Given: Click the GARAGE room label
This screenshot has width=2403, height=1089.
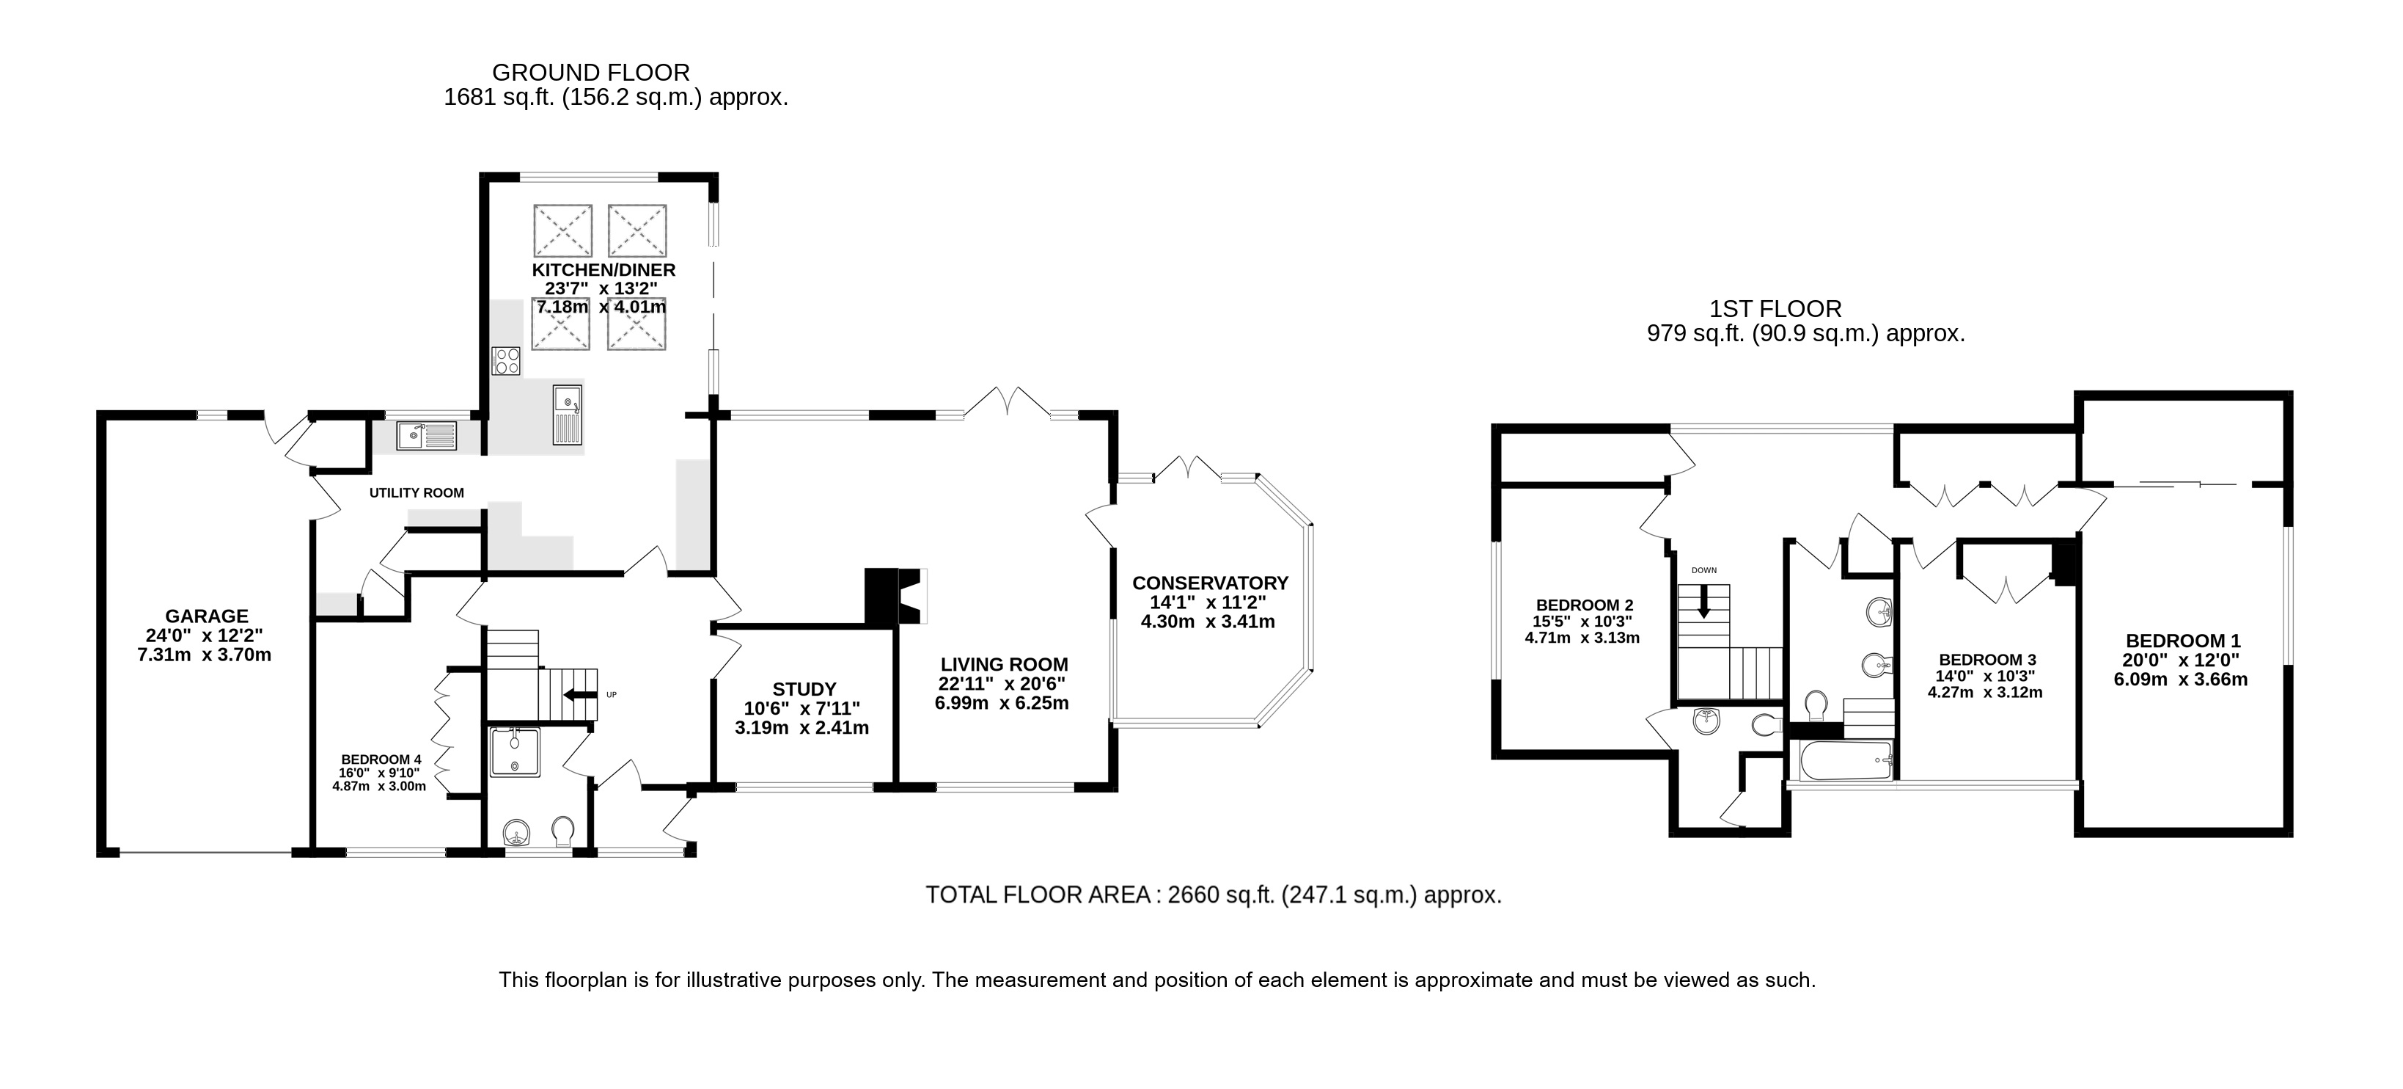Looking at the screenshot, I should [206, 616].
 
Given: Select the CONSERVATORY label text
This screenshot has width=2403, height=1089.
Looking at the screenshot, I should [1210, 583].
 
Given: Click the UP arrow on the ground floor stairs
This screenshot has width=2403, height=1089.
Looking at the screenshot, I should [579, 694].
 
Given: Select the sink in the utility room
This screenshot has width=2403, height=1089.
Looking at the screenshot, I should [426, 435].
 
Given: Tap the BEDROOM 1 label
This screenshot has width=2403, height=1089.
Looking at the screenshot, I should [2182, 641].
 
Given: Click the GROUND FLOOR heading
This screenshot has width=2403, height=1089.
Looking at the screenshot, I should [590, 73].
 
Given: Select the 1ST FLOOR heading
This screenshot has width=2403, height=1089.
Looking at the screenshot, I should [1775, 309].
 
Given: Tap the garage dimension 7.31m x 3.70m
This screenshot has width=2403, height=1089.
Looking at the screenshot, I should [205, 655].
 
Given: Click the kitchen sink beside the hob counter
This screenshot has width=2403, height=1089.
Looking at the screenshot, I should [567, 415].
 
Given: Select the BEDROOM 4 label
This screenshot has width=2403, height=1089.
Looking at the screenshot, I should [381, 760].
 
